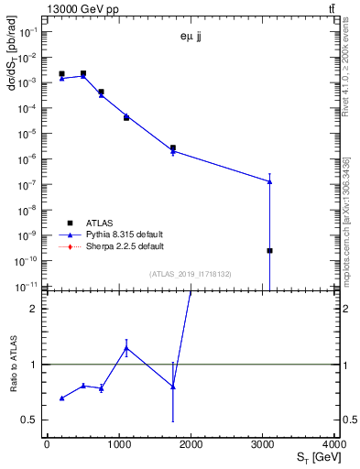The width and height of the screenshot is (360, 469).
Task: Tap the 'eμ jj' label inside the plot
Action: click(x=191, y=38)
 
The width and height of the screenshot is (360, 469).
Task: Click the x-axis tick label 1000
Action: click(x=119, y=446)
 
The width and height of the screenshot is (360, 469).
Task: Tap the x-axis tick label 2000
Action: click(x=191, y=446)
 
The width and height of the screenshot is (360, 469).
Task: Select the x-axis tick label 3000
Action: click(x=264, y=446)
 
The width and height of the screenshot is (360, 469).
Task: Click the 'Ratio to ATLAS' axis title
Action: click(x=13, y=365)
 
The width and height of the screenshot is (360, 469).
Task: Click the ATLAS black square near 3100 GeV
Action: click(x=270, y=250)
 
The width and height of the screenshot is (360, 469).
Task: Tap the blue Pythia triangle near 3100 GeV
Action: click(x=270, y=181)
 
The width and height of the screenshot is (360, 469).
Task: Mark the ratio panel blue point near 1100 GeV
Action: click(x=125, y=348)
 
